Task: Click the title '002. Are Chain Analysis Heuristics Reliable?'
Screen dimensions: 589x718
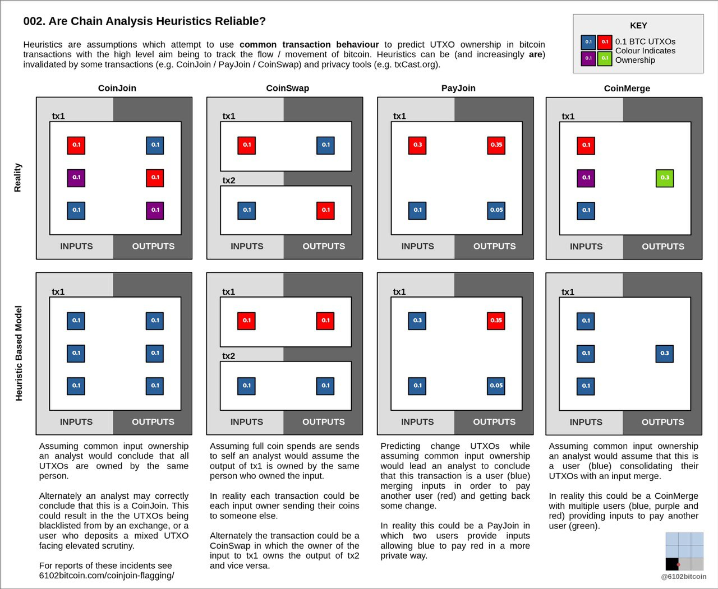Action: tap(144, 21)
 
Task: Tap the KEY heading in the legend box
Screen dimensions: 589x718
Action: tap(638, 26)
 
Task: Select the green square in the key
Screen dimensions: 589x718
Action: tap(605, 58)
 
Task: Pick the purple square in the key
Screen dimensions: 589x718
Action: tap(588, 58)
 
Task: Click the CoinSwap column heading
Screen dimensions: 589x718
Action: tap(287, 88)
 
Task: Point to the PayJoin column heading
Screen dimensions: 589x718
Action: tap(458, 88)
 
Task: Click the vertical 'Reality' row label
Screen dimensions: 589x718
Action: tap(18, 178)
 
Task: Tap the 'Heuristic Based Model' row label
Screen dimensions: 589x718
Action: tap(19, 353)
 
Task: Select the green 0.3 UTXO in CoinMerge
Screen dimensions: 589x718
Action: tap(665, 178)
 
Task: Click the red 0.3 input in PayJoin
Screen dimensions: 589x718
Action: tap(418, 145)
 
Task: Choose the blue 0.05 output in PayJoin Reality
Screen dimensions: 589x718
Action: tap(496, 210)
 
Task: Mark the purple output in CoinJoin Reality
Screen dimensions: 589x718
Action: tap(155, 210)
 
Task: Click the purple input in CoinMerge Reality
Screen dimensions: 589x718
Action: tap(586, 178)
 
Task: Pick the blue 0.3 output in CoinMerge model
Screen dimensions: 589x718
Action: tap(665, 354)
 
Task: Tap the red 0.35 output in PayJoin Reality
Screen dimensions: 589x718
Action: tap(496, 145)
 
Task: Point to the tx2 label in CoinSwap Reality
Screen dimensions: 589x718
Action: tap(229, 180)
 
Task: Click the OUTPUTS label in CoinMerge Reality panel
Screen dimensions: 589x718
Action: tap(663, 247)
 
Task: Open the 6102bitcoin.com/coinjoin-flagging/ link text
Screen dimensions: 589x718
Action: tap(107, 576)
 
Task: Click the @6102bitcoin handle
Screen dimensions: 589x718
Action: tap(684, 577)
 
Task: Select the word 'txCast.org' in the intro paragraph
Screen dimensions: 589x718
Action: tap(416, 64)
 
